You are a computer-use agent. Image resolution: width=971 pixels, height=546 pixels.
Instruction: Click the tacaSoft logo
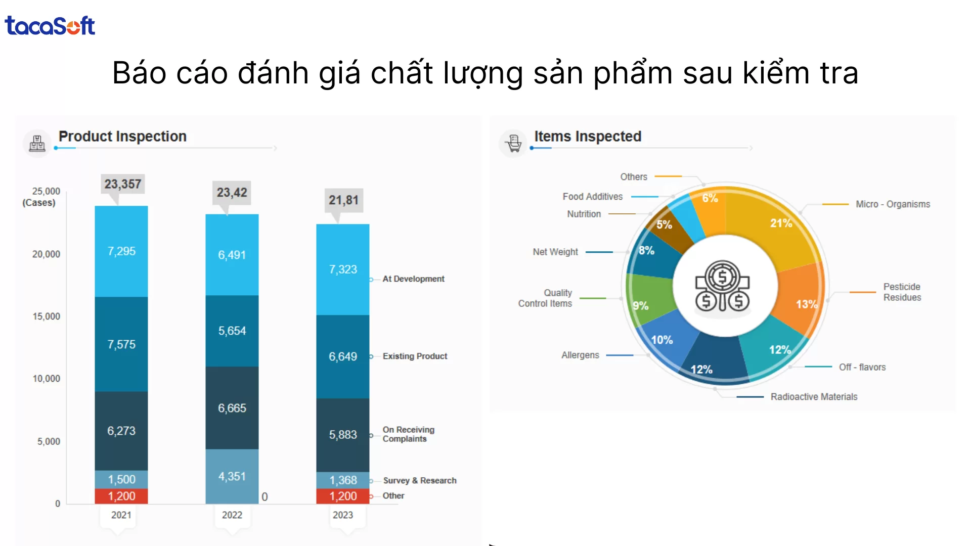tap(50, 26)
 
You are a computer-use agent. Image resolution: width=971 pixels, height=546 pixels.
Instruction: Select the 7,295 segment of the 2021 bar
tap(121, 251)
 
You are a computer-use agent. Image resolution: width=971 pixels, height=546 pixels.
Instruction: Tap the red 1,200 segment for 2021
tap(121, 496)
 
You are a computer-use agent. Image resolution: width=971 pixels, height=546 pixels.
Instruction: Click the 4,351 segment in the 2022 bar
tap(232, 476)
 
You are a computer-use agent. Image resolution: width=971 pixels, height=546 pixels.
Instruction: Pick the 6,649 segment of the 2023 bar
tap(343, 356)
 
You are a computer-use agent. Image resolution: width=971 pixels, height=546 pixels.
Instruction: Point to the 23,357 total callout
tap(123, 184)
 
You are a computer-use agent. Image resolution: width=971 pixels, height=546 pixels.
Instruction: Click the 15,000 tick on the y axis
tap(46, 316)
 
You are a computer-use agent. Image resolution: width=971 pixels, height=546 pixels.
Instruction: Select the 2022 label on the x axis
tap(232, 515)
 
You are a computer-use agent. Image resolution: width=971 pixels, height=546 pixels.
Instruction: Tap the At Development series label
tap(413, 279)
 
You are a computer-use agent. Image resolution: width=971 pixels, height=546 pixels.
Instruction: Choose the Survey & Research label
tap(419, 480)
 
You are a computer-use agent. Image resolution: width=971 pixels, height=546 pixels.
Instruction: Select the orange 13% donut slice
tap(802, 298)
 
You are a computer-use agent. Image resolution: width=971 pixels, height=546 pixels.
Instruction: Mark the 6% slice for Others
tap(711, 207)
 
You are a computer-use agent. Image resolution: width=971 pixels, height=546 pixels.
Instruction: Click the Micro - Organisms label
tap(893, 204)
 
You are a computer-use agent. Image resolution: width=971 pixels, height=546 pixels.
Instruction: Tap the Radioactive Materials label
tap(814, 397)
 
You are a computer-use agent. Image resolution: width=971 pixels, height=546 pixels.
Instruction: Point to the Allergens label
tap(580, 355)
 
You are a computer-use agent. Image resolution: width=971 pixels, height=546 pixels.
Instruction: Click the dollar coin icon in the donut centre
tap(723, 286)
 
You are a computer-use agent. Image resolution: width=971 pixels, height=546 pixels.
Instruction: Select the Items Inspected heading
tap(588, 136)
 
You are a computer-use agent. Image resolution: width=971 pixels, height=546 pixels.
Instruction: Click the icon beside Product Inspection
tap(37, 143)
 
